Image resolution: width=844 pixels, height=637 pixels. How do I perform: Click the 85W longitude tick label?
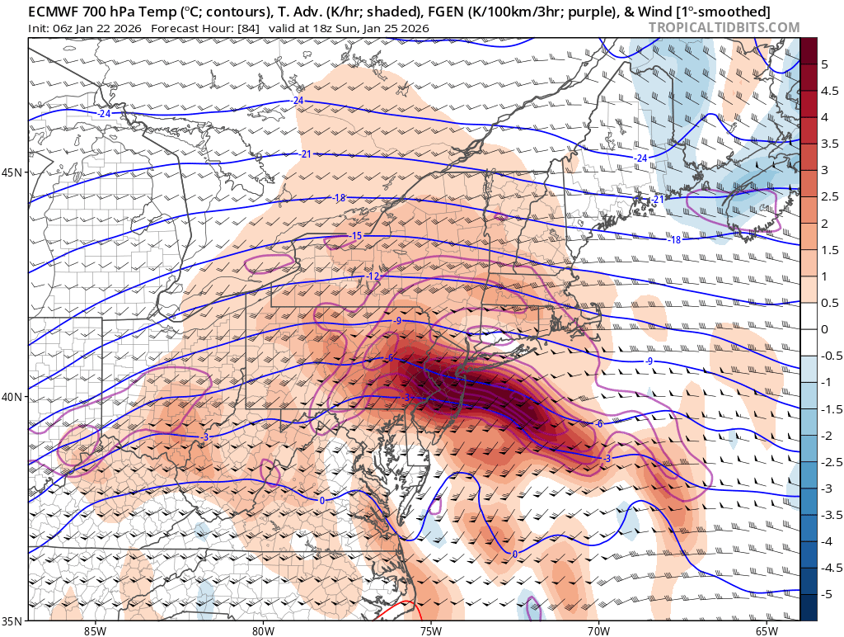pos(95,630)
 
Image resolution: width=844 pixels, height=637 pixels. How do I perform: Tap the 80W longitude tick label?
pos(263,630)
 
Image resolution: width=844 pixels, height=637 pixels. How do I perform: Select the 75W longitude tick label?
pos(430,630)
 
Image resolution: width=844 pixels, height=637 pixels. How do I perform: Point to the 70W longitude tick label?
pos(598,630)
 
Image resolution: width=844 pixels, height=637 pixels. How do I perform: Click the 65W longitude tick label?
pos(766,630)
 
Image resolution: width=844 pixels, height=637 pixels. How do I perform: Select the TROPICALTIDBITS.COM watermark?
pos(724,27)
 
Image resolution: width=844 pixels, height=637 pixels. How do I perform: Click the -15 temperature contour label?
pos(356,236)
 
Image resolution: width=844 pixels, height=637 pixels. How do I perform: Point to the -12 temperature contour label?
pos(373,276)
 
